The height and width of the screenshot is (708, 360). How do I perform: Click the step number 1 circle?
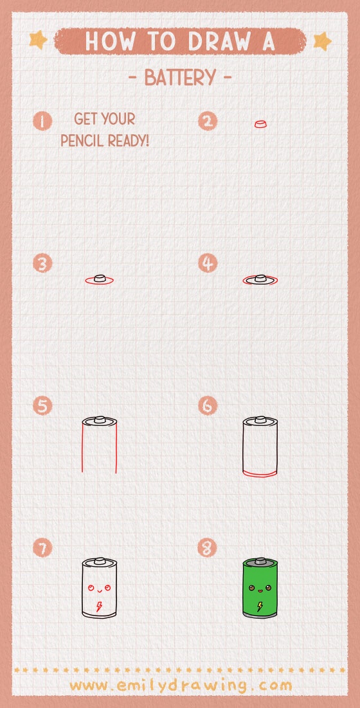42,121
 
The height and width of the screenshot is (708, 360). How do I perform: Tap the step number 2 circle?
207,121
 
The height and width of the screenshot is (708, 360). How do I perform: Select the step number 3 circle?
42,263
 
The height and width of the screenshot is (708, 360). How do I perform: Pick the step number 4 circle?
207,263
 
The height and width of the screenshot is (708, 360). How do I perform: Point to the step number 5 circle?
42,406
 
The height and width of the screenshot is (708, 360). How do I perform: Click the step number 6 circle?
207,406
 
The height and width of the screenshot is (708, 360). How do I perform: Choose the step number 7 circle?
42,548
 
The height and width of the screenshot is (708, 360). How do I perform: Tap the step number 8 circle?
207,548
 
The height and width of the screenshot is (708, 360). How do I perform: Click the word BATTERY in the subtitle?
180,78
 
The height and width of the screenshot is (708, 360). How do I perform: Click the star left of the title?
39,40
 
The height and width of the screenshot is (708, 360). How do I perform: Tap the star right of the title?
321,41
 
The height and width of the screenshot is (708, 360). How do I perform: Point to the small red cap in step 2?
260,123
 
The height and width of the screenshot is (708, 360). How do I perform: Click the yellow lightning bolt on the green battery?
260,606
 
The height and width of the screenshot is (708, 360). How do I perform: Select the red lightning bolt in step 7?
99,606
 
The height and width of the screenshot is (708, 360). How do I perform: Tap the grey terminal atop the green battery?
260,562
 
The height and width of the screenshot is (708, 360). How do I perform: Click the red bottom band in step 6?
260,473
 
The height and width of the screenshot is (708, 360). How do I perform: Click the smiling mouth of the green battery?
260,590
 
